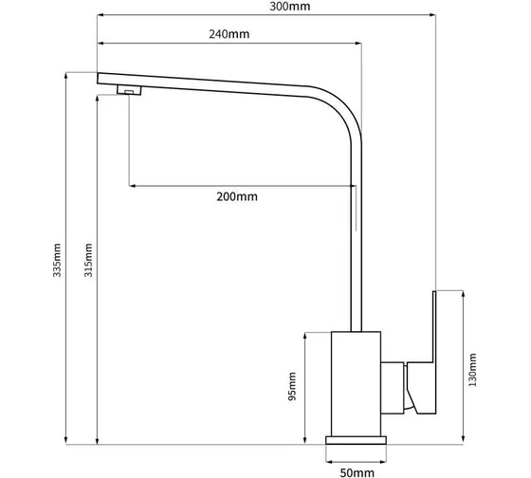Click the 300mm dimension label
290,7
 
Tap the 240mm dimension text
229,34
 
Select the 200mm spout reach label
237,196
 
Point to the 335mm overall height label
57,260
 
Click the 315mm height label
88,260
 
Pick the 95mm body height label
292,387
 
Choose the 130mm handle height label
472,370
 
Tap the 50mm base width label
357,473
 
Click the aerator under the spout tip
129,90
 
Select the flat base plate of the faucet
356,440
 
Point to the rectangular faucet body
356,384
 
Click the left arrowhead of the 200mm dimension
133,186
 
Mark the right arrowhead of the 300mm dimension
432,15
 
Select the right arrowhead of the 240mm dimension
358,44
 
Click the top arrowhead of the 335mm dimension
65,76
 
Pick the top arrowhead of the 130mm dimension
464,294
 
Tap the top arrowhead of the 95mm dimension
305,336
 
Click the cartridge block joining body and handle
393,388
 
